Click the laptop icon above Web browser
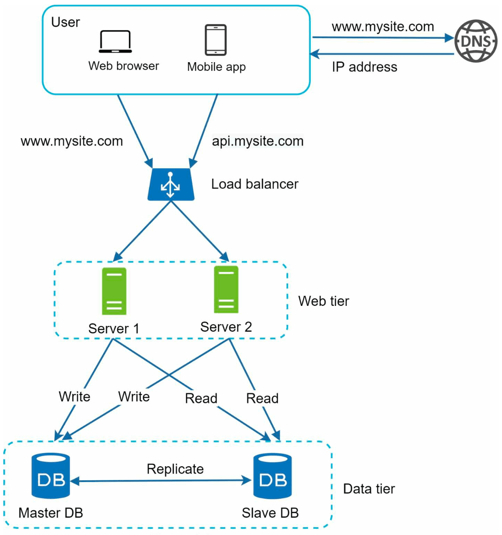(115, 41)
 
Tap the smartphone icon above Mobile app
(216, 40)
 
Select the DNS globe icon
(476, 41)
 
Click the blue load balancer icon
(171, 184)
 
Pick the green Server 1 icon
(114, 291)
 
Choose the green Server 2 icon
(226, 289)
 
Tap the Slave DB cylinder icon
(272, 476)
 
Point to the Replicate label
(175, 469)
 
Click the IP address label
(365, 67)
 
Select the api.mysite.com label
(258, 141)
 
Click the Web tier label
(324, 301)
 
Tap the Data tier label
(369, 489)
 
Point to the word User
(66, 22)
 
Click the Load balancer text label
(255, 184)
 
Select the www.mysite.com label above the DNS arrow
(383, 27)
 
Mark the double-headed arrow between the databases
(161, 480)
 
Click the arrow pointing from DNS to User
(382, 54)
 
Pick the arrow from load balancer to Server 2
(200, 231)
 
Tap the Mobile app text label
(216, 67)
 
